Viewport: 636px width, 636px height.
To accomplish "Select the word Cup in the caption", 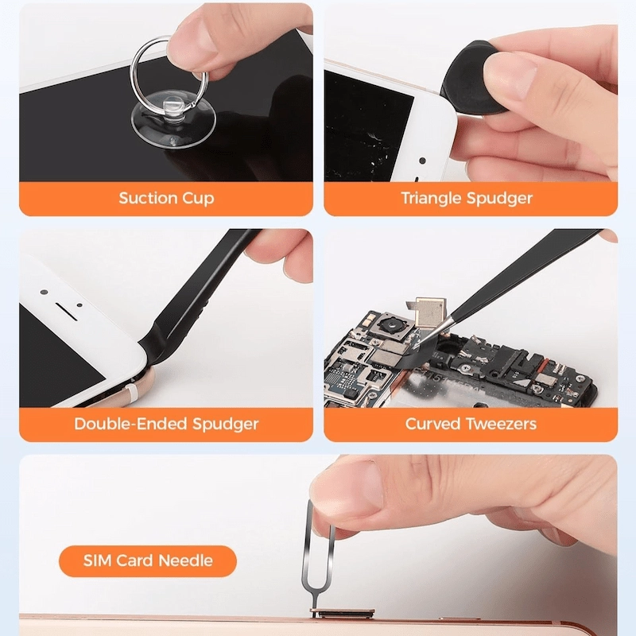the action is click(197, 199).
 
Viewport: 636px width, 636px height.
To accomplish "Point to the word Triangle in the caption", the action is click(431, 199).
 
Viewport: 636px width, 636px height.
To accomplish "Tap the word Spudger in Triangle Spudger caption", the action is click(499, 199).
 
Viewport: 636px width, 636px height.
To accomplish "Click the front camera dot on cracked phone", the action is click(422, 161).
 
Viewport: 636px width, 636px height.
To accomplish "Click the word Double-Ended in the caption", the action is click(131, 424).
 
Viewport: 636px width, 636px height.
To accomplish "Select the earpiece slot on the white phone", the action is click(66, 309).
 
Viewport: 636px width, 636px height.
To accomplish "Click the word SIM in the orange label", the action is click(98, 560).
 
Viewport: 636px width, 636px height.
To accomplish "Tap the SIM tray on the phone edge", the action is click(343, 612).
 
